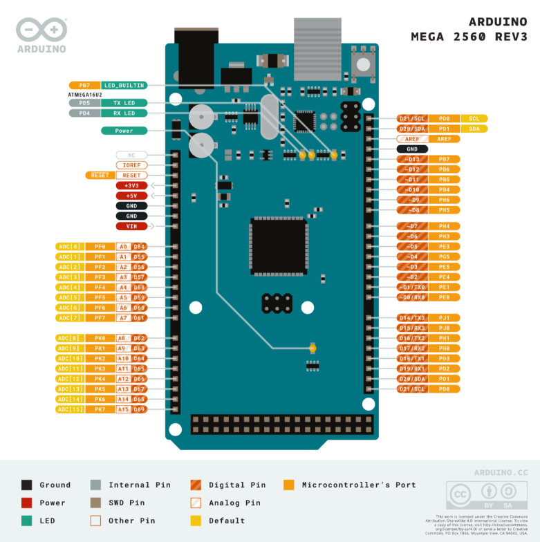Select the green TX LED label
coord(124,102)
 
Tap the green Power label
coord(124,131)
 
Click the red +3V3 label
coord(131,185)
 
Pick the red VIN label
coord(131,226)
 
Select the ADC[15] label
coord(69,410)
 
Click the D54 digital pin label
coord(140,247)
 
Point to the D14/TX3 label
coord(412,318)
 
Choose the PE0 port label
coord(444,297)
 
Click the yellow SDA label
coord(474,129)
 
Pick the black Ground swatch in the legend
coord(27,485)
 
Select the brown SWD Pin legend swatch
coord(96,503)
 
